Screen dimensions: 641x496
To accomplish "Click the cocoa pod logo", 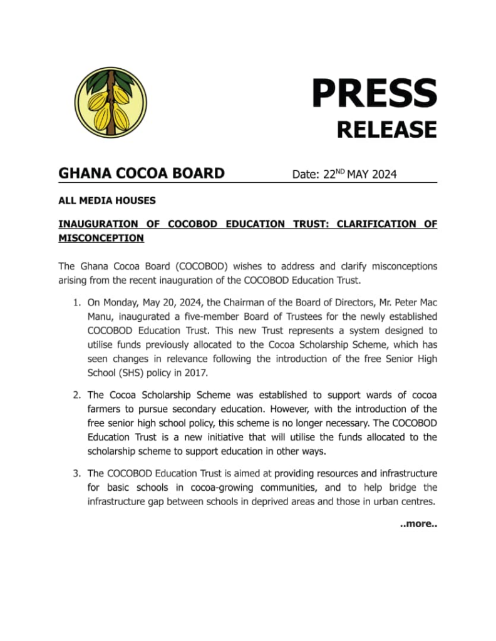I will (x=110, y=102).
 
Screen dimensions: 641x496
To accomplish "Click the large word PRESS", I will (x=374, y=93).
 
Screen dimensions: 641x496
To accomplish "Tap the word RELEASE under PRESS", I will (x=386, y=130).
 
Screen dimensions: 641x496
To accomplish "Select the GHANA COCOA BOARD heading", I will (x=141, y=173).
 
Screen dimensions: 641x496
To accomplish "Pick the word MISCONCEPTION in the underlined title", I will (x=101, y=238).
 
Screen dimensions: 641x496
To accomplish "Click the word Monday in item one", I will (x=121, y=302).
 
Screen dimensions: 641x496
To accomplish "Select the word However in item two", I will (x=292, y=409).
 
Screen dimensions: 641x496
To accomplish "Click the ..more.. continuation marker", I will (x=418, y=523).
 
